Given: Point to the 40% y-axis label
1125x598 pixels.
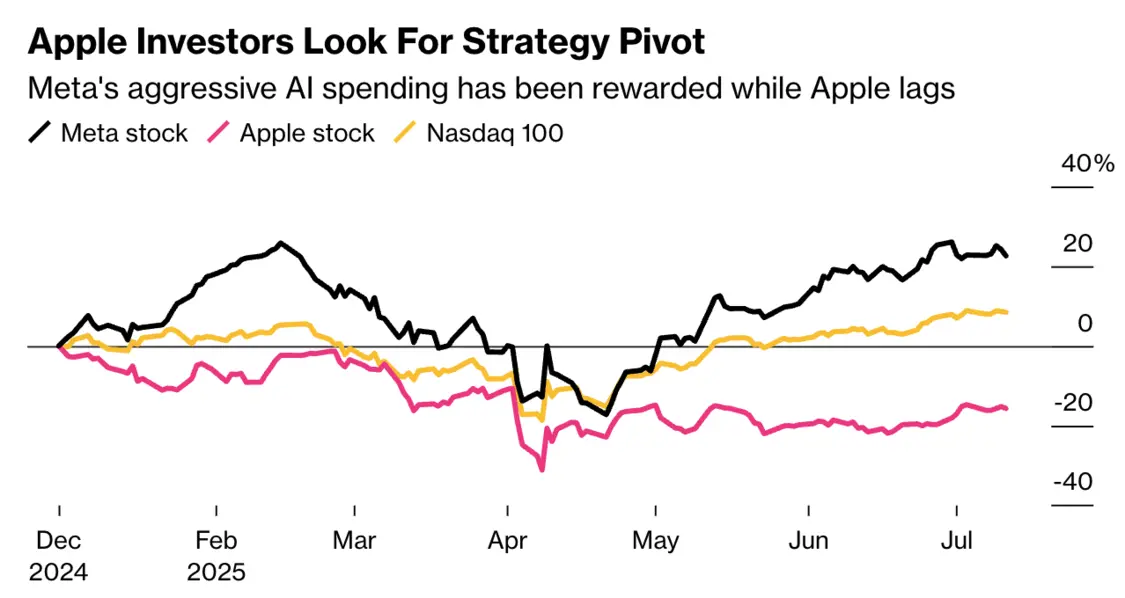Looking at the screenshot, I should [x=1087, y=164].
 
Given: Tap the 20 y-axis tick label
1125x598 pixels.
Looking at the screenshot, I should [x=1078, y=243].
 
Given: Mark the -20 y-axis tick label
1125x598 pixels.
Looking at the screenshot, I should [x=1074, y=403].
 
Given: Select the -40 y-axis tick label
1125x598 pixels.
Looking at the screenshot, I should [x=1074, y=482].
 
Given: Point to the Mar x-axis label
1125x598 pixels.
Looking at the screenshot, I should [x=354, y=541].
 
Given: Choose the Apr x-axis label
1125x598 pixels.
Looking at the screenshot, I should [x=507, y=541].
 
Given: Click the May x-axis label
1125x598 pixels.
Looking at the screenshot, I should [x=656, y=541].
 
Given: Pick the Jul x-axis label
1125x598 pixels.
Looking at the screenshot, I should [x=957, y=541].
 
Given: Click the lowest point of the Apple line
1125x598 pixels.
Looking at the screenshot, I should [x=542, y=470].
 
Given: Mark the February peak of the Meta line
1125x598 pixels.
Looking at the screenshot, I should [x=281, y=243].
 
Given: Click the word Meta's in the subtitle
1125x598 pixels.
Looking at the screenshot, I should [x=71, y=88].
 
